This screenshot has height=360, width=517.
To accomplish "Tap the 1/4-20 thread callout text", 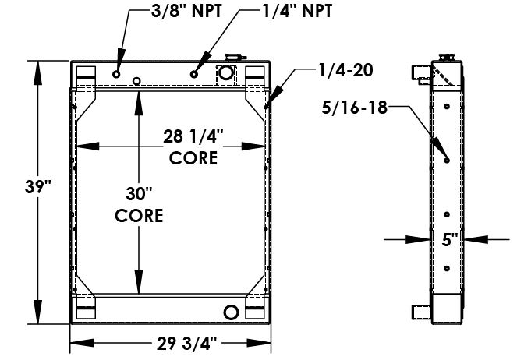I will coord(345,70).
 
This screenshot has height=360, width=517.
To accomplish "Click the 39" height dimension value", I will coord(37,186).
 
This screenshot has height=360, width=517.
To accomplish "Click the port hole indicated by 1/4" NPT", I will coord(194,74).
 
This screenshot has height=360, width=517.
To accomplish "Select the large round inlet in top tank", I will coord(225,74).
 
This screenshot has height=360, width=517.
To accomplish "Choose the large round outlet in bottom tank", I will coord(231,312).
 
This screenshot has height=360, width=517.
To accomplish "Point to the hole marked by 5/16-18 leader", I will coord(447,161).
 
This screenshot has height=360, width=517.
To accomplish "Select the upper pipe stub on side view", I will coord(420,73).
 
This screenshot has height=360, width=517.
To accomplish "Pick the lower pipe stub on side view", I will coord(420,313).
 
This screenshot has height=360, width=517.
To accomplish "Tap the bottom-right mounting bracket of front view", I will coord(255,312).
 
